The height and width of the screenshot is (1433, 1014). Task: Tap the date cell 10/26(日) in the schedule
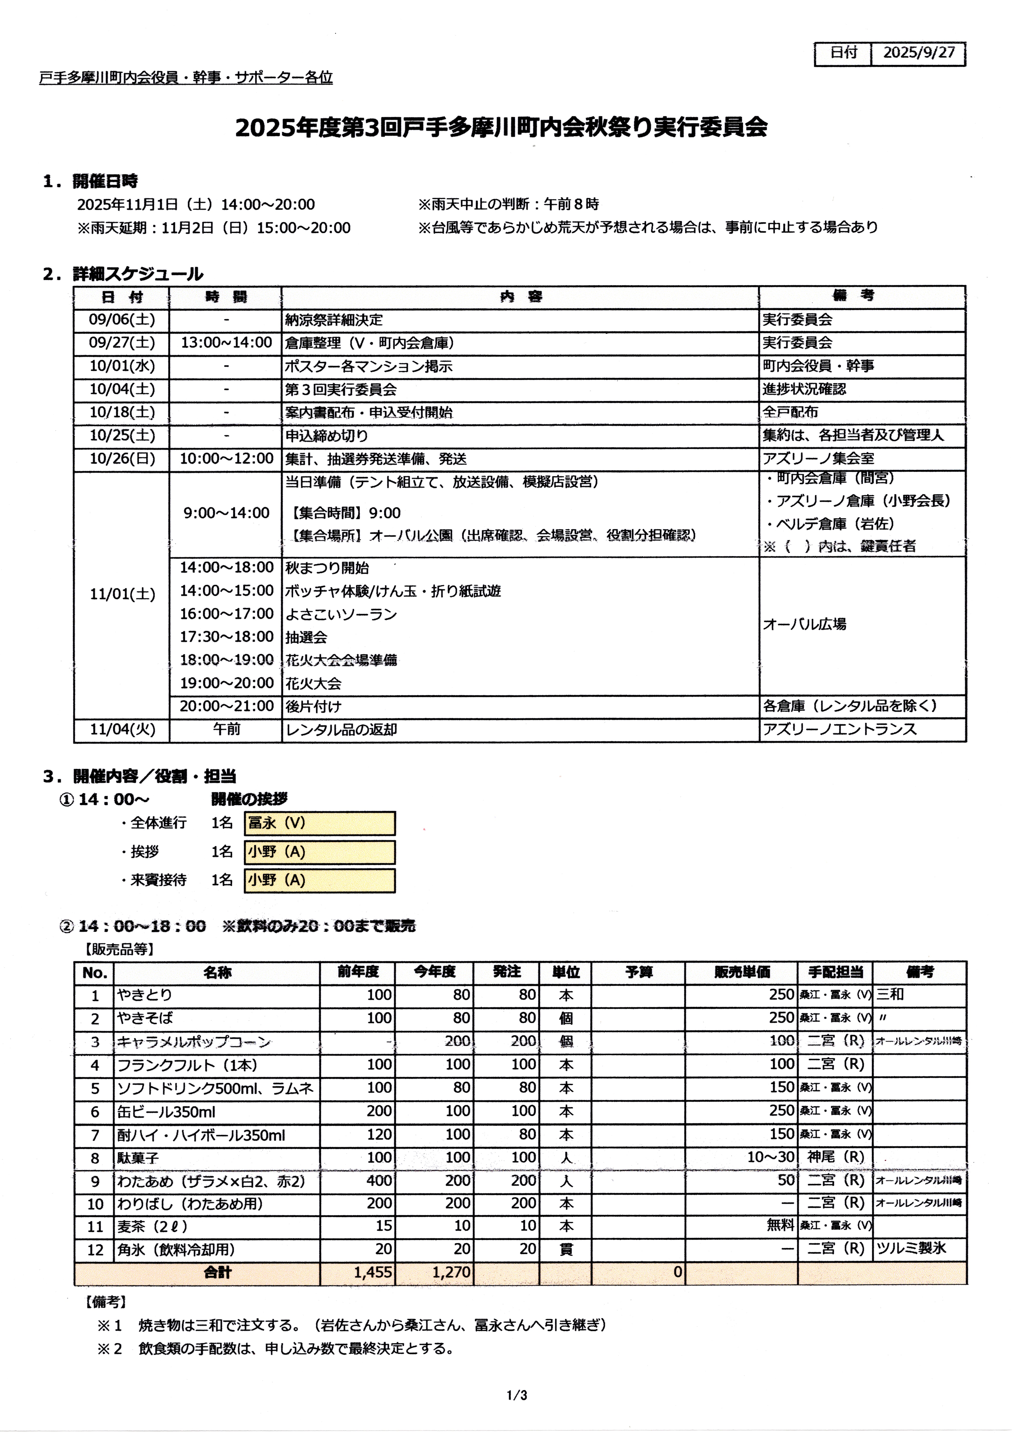[x=122, y=459]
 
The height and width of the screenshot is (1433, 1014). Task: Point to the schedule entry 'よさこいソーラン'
[x=341, y=614]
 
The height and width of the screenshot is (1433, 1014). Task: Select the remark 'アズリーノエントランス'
[x=839, y=729]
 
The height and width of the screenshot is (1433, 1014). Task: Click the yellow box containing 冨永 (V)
[x=320, y=823]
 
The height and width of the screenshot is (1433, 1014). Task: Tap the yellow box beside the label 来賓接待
[x=320, y=880]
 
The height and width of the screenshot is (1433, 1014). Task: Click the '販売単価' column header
[x=742, y=972]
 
